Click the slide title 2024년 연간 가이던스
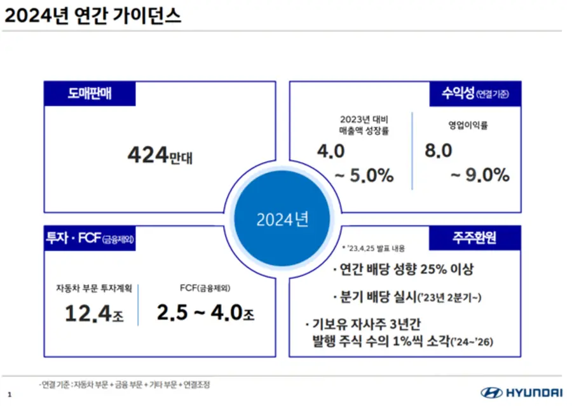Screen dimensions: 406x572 click(x=93, y=16)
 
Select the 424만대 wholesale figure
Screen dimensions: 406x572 click(x=160, y=155)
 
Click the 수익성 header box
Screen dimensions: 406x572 click(x=475, y=94)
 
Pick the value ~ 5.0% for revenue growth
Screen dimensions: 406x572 click(x=363, y=175)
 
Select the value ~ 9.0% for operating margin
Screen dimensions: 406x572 click(x=480, y=175)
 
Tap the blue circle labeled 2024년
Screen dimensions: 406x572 click(x=282, y=219)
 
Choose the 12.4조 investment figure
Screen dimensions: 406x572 click(x=93, y=313)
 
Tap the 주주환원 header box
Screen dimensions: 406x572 click(x=475, y=238)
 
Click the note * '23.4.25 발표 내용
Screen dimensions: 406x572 click(x=373, y=248)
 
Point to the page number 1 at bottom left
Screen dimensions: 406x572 click(x=10, y=394)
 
